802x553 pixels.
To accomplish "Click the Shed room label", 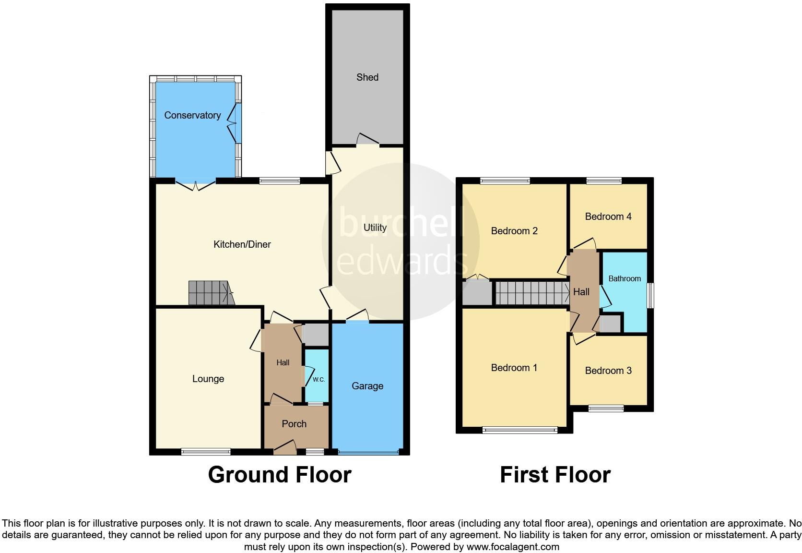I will coord(367,77).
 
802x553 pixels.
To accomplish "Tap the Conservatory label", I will coord(192,115).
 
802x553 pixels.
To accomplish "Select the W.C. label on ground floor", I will coord(318,379).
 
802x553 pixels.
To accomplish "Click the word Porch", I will coord(294,424).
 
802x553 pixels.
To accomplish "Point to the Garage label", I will coord(367,386).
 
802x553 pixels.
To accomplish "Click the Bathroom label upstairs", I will coord(625,278).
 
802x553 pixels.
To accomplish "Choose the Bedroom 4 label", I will coord(608,216).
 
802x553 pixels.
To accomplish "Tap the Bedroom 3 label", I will coord(608,371).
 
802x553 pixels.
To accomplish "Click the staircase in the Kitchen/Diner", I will coord(210,293).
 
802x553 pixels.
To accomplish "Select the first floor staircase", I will coord(531,293).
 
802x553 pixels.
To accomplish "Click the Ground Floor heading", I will coord(280,475).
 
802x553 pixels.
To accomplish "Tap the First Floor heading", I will coord(555,475).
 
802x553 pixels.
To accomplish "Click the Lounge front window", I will coord(206,451).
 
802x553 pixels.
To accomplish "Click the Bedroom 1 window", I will coord(520,430).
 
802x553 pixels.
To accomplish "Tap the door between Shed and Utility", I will coord(368,140).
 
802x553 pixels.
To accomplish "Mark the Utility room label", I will coord(375,228).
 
